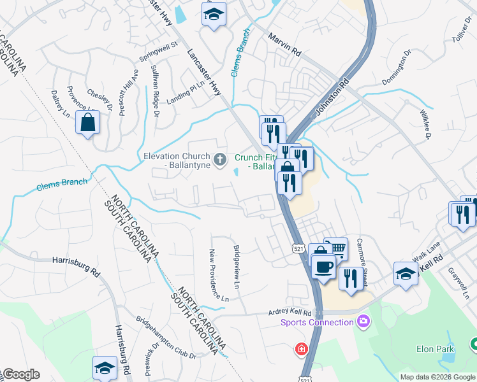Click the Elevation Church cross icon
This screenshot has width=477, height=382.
coord(220,159)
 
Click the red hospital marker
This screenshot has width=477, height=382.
coord(300,350)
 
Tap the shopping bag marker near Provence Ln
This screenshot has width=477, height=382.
coord(88,123)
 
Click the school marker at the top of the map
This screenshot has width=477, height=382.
coord(214,13)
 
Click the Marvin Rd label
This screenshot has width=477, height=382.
coord(284,46)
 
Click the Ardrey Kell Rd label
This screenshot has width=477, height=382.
coord(290,313)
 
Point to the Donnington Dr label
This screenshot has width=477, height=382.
coord(395,71)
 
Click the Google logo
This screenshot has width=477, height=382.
coord(21,374)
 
